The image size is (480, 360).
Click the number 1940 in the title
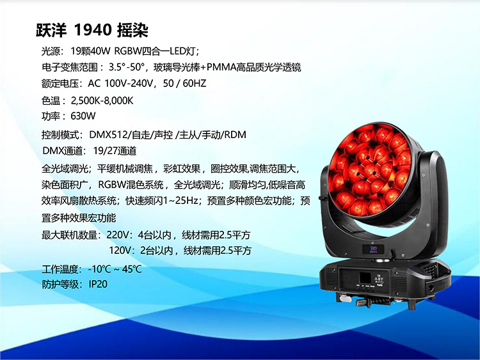(x=93, y=30)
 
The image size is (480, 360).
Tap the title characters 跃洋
(x=51, y=30)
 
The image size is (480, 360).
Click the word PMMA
(x=221, y=67)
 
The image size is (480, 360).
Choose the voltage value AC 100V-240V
(x=120, y=83)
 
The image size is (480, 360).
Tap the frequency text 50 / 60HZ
(x=184, y=83)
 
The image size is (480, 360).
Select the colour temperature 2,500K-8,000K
(x=102, y=100)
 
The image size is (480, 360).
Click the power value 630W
(x=83, y=116)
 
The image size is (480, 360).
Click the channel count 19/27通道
(x=115, y=151)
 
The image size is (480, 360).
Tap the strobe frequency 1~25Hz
(x=180, y=201)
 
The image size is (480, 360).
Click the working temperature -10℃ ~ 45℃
(x=115, y=269)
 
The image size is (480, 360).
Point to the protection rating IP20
(x=98, y=284)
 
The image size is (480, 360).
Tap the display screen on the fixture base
(x=365, y=278)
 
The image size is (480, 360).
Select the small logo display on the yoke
(x=374, y=249)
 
